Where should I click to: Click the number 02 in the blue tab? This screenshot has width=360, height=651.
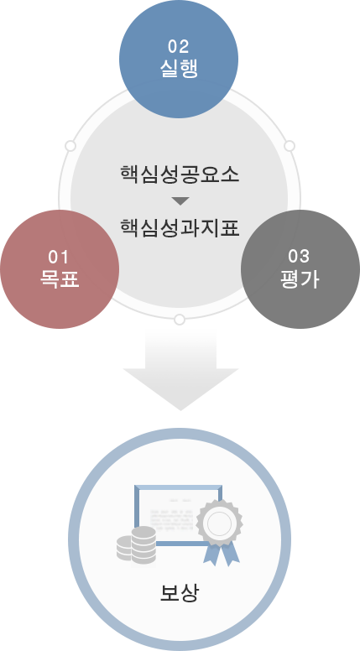(178, 45)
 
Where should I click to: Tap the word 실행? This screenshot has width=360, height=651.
(178, 68)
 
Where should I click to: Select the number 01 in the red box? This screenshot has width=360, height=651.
(59, 256)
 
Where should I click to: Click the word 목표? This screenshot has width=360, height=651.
(59, 279)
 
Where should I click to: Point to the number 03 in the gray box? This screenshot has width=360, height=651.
(300, 256)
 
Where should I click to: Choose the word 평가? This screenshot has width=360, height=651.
(300, 279)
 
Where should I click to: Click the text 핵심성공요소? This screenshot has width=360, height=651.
(180, 175)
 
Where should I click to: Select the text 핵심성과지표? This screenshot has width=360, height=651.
(180, 227)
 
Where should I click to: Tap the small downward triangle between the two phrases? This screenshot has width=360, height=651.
(180, 201)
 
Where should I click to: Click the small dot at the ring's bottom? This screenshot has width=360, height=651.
(179, 320)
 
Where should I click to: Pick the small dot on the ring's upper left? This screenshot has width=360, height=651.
(70, 146)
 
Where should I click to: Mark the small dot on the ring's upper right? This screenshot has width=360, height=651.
(290, 146)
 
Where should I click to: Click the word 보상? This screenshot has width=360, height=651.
(180, 594)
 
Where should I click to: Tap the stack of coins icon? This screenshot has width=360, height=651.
(138, 546)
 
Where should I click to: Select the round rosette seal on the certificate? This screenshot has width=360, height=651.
(218, 523)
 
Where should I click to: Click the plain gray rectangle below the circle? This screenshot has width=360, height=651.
(180, 369)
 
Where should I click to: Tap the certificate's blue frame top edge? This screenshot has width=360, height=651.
(178, 487)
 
